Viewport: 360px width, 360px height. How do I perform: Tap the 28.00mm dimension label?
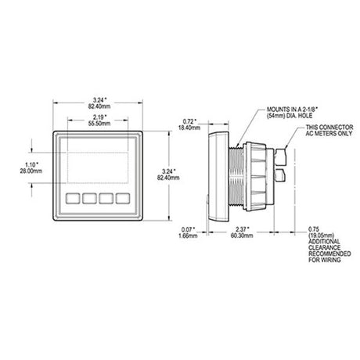[x=31, y=171]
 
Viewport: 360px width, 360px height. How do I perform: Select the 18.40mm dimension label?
[x=189, y=128]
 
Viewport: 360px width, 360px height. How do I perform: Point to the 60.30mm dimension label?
[x=242, y=236]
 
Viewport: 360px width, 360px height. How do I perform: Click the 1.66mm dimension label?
[x=188, y=236]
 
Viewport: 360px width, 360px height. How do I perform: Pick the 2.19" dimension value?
[x=100, y=117]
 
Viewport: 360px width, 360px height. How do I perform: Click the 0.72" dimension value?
[x=189, y=121]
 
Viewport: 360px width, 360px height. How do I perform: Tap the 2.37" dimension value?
[x=243, y=229]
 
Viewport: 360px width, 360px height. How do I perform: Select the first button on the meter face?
[x=73, y=199]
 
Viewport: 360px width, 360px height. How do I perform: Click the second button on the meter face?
[x=89, y=199]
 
